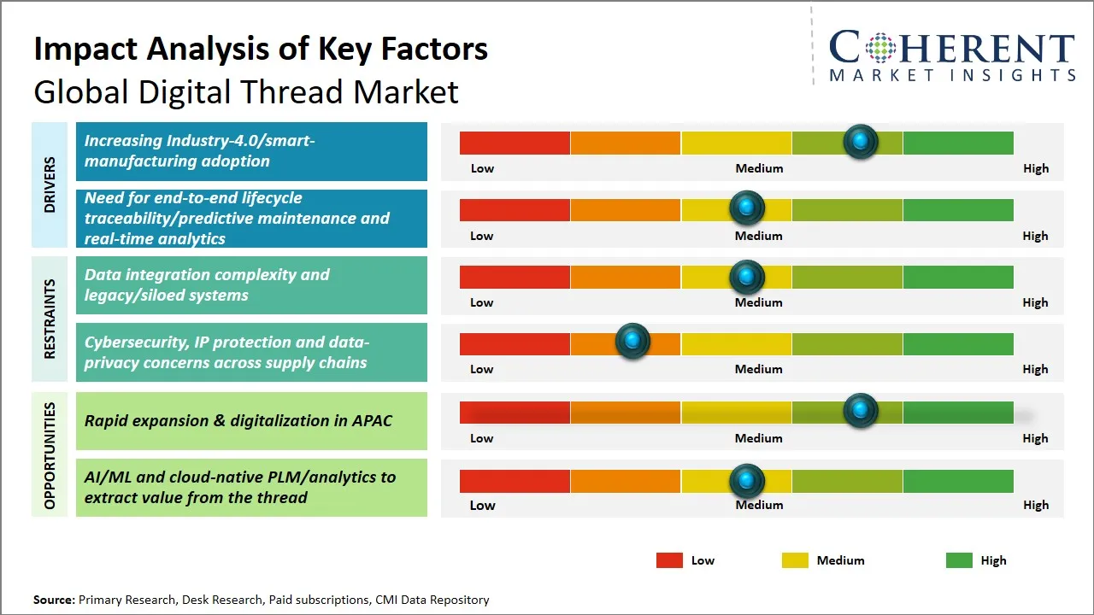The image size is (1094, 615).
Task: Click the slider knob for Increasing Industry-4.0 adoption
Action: tap(861, 141)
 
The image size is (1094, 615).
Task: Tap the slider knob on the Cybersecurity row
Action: tap(632, 342)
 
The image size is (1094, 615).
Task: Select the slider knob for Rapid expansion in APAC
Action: tap(861, 411)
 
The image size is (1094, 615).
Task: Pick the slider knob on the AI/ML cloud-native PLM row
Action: tap(747, 481)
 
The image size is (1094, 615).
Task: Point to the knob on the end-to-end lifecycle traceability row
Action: tap(747, 208)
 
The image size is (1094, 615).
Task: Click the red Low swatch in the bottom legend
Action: tap(669, 560)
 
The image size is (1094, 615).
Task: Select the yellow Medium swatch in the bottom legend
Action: tap(795, 560)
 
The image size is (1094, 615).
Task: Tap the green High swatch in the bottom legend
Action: tap(959, 560)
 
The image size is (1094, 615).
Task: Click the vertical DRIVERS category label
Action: tap(50, 184)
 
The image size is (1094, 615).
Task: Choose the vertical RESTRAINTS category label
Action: tap(50, 319)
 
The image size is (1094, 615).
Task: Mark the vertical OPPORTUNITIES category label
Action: tap(50, 454)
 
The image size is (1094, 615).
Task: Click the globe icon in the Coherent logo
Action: tap(878, 48)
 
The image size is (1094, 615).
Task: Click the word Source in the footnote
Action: tap(53, 600)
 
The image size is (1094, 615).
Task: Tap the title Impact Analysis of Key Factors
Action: tap(261, 49)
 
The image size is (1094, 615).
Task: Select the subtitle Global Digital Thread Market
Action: tap(246, 91)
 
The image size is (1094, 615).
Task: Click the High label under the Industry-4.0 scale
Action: tap(1035, 168)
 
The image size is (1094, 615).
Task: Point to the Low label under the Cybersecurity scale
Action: tap(482, 369)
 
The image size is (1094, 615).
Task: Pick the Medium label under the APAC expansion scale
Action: tap(758, 438)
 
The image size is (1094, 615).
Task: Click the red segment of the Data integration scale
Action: tap(515, 277)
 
